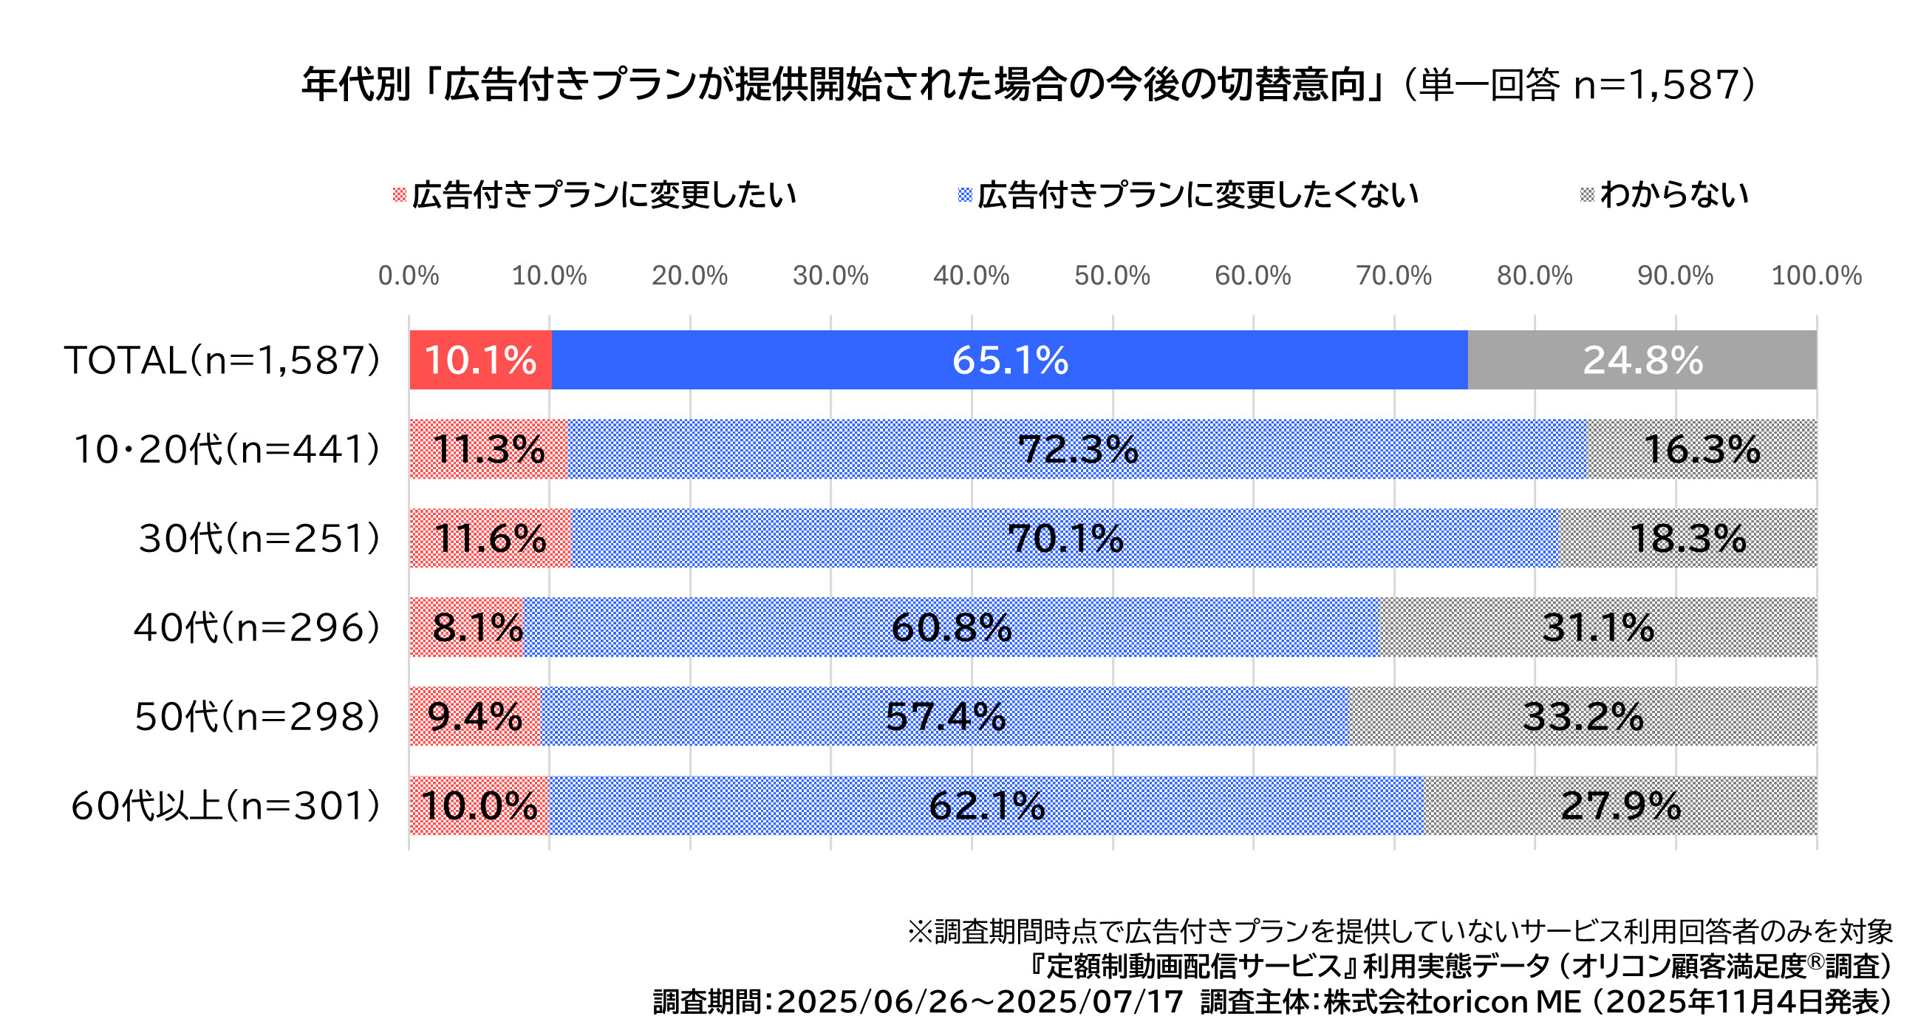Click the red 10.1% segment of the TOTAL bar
point(480,360)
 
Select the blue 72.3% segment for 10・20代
point(1077,449)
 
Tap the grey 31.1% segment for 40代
point(1598,627)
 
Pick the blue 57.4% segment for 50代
point(945,717)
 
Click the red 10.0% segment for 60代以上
point(479,805)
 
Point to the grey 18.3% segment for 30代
point(1687,539)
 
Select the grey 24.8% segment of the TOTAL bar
point(1642,360)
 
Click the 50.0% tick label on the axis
point(1112,276)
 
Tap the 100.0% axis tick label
point(1816,276)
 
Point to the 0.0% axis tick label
point(408,276)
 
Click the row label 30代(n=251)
point(259,539)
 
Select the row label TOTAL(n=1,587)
point(222,360)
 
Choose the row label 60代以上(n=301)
point(225,805)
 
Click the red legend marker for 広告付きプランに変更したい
point(399,195)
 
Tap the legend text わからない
point(1674,195)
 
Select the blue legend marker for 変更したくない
point(965,195)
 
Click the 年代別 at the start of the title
point(356,84)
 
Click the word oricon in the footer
point(1481,1002)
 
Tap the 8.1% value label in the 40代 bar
point(477,627)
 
